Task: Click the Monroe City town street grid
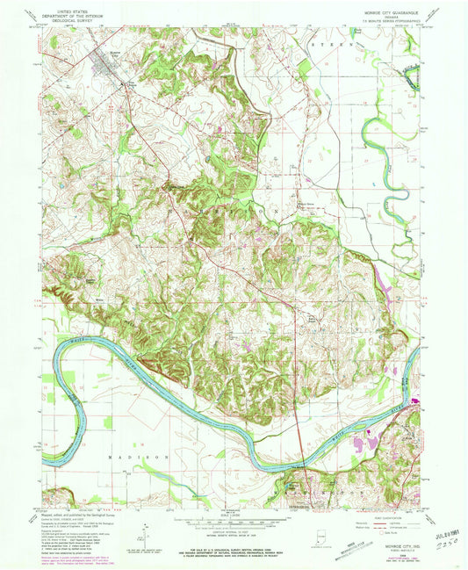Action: point(104,71)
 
